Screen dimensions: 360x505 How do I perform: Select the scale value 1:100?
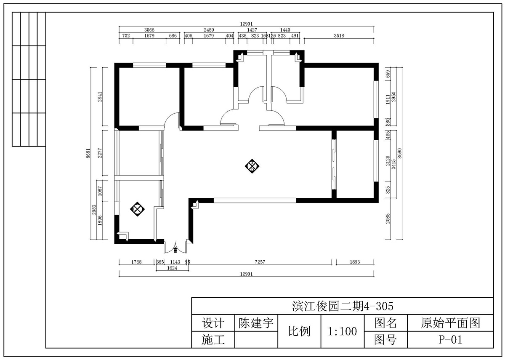[x=342, y=331]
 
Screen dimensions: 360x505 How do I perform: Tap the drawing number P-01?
[x=450, y=340]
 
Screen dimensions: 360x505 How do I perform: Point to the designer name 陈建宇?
[x=256, y=323]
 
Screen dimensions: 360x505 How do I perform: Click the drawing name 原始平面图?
[x=450, y=323]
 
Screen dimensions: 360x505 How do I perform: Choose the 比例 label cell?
[x=299, y=331]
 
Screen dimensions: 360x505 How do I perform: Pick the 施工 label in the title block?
[x=213, y=339]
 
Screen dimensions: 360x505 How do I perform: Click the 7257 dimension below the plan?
[x=260, y=262]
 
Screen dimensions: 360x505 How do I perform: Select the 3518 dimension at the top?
[x=339, y=36]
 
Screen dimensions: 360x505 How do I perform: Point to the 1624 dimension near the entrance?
[x=172, y=268]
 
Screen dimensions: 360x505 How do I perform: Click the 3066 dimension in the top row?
[x=149, y=30]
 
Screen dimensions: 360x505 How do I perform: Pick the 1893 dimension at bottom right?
[x=355, y=262]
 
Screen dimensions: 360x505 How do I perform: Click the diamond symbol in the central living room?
[x=252, y=166]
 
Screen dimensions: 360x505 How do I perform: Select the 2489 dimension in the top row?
[x=209, y=30]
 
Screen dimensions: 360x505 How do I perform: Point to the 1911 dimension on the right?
[x=388, y=99]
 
